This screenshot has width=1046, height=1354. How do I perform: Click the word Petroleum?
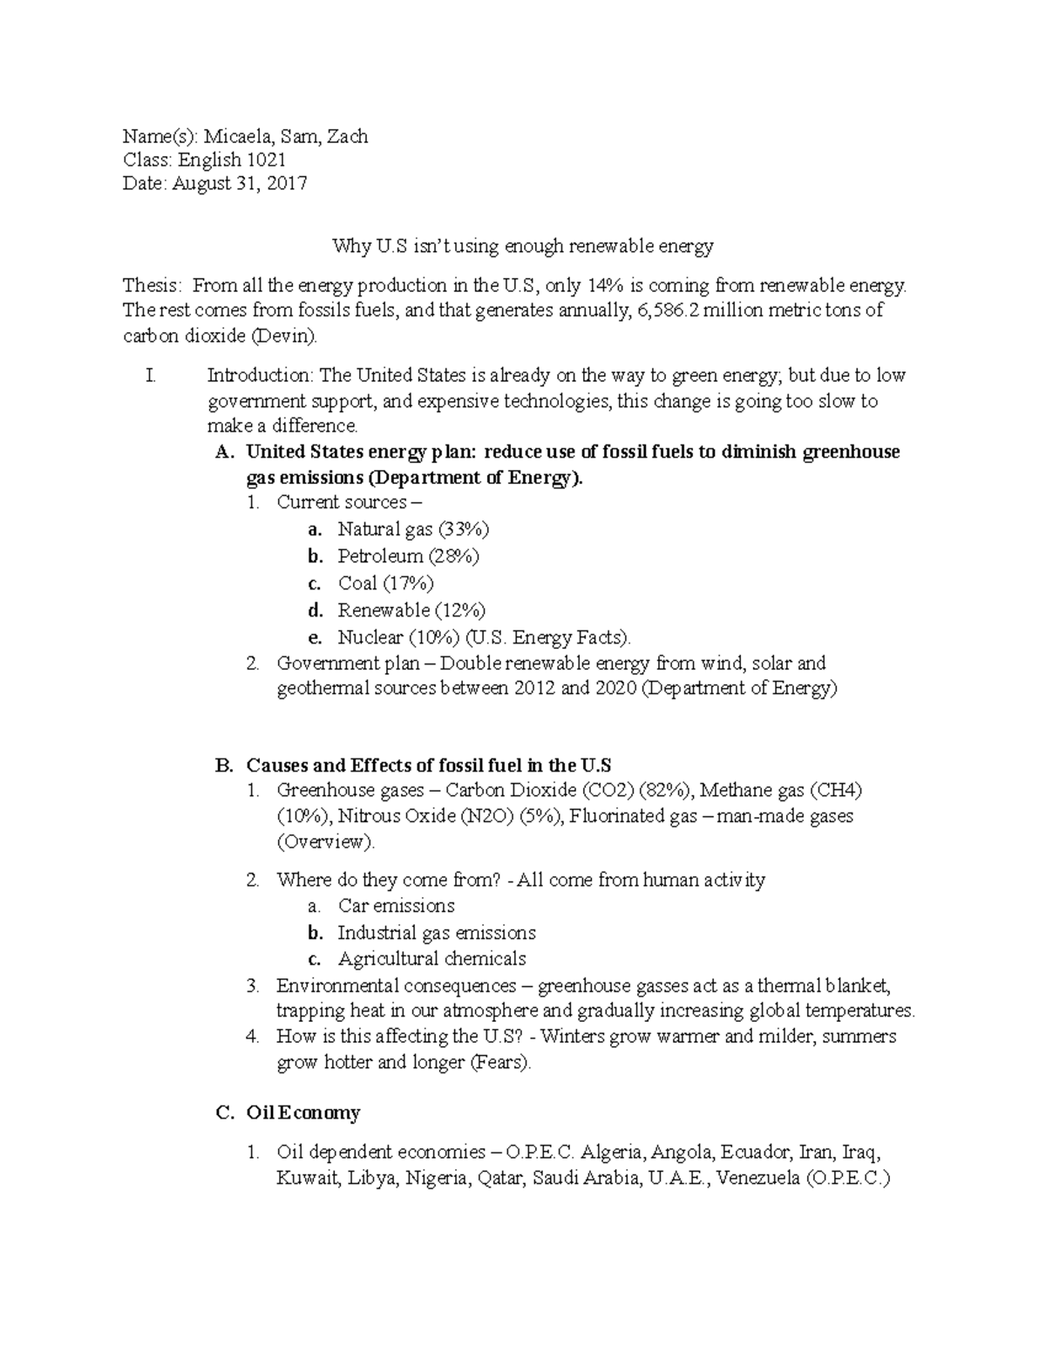[x=380, y=556]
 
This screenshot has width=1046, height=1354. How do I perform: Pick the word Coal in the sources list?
[x=358, y=583]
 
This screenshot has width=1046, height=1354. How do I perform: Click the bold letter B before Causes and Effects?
[x=223, y=765]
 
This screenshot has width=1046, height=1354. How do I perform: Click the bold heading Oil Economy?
[x=302, y=1113]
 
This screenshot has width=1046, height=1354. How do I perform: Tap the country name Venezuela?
[x=757, y=1179]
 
